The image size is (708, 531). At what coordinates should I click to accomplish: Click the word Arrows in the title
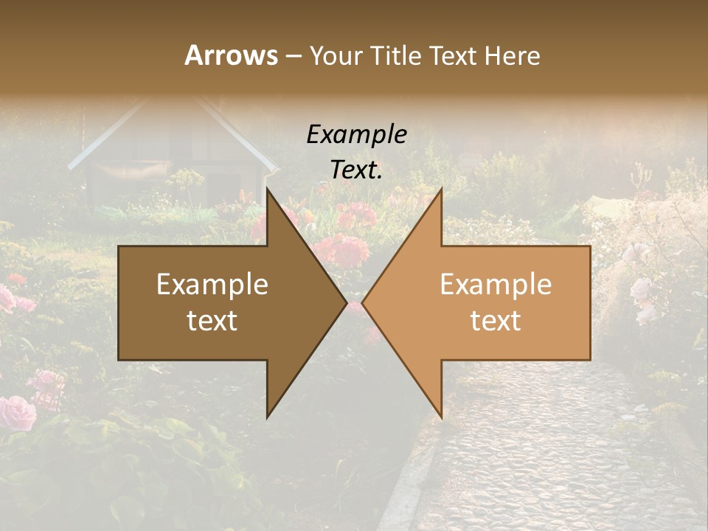pos(230,55)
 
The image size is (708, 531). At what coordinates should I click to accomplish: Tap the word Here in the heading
pos(512,55)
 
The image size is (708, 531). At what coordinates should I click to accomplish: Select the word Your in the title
pos(333,55)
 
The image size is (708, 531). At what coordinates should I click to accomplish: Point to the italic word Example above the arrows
pos(356,134)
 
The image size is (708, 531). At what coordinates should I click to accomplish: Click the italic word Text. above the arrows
pos(356,170)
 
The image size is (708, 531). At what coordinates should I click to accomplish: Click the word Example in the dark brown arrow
pos(212,284)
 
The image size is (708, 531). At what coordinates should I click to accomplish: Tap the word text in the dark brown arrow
pos(212,320)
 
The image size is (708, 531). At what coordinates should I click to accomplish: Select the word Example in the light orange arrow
pos(496,284)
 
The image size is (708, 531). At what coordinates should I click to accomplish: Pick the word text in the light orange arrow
pos(496,320)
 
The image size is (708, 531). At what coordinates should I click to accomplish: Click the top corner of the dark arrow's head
pos(267,190)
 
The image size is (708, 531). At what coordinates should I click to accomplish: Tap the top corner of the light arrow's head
pos(441,190)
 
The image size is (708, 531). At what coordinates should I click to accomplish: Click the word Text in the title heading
pos(454,55)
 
